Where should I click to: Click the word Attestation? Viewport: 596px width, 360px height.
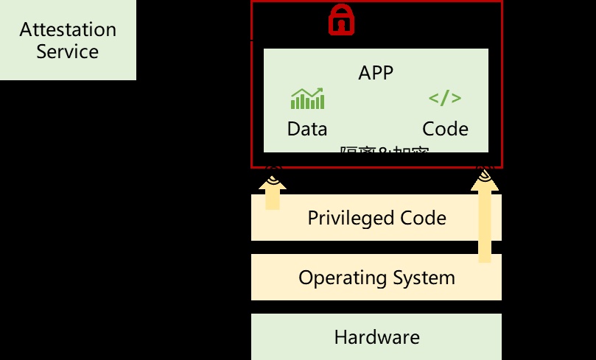[x=68, y=30]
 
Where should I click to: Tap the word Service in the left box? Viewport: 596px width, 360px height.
[x=68, y=52]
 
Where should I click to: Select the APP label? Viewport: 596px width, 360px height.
[x=376, y=73]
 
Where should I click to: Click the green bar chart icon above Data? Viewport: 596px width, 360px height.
[x=307, y=99]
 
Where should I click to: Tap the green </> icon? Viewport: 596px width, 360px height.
[x=445, y=99]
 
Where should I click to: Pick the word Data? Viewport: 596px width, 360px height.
[x=307, y=130]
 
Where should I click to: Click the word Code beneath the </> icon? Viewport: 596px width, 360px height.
[x=445, y=130]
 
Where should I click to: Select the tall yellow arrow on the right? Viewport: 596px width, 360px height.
[x=484, y=221]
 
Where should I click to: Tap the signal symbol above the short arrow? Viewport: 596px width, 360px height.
[x=273, y=174]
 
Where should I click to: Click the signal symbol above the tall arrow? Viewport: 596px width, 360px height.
[x=484, y=174]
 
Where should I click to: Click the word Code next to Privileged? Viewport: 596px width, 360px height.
[x=423, y=218]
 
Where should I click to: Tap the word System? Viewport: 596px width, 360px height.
[x=424, y=278]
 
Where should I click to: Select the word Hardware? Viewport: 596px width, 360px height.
[x=376, y=338]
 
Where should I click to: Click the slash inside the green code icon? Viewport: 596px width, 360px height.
[x=445, y=99]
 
